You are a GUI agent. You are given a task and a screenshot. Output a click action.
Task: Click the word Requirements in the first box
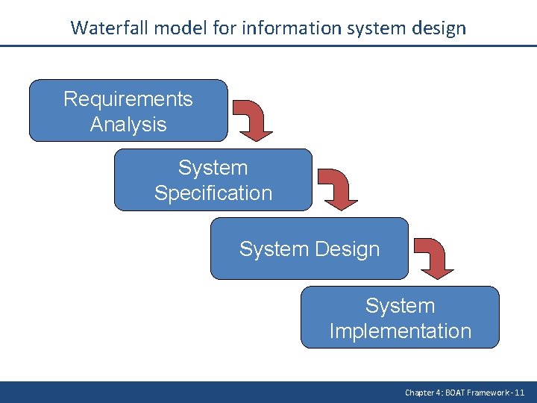[x=128, y=99]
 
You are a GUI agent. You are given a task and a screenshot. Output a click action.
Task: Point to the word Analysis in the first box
[x=128, y=124]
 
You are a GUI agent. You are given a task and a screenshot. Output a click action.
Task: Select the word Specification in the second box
[x=213, y=193]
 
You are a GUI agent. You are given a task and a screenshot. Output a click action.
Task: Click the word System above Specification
[x=213, y=167]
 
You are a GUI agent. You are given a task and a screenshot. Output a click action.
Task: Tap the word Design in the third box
[x=346, y=249]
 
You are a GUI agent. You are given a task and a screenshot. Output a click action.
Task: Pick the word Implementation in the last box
[x=401, y=331]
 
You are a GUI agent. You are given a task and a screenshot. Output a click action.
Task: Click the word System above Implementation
[x=401, y=306]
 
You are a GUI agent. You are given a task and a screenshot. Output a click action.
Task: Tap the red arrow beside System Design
[x=435, y=257]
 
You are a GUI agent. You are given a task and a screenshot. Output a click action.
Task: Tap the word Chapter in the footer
[x=418, y=392]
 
